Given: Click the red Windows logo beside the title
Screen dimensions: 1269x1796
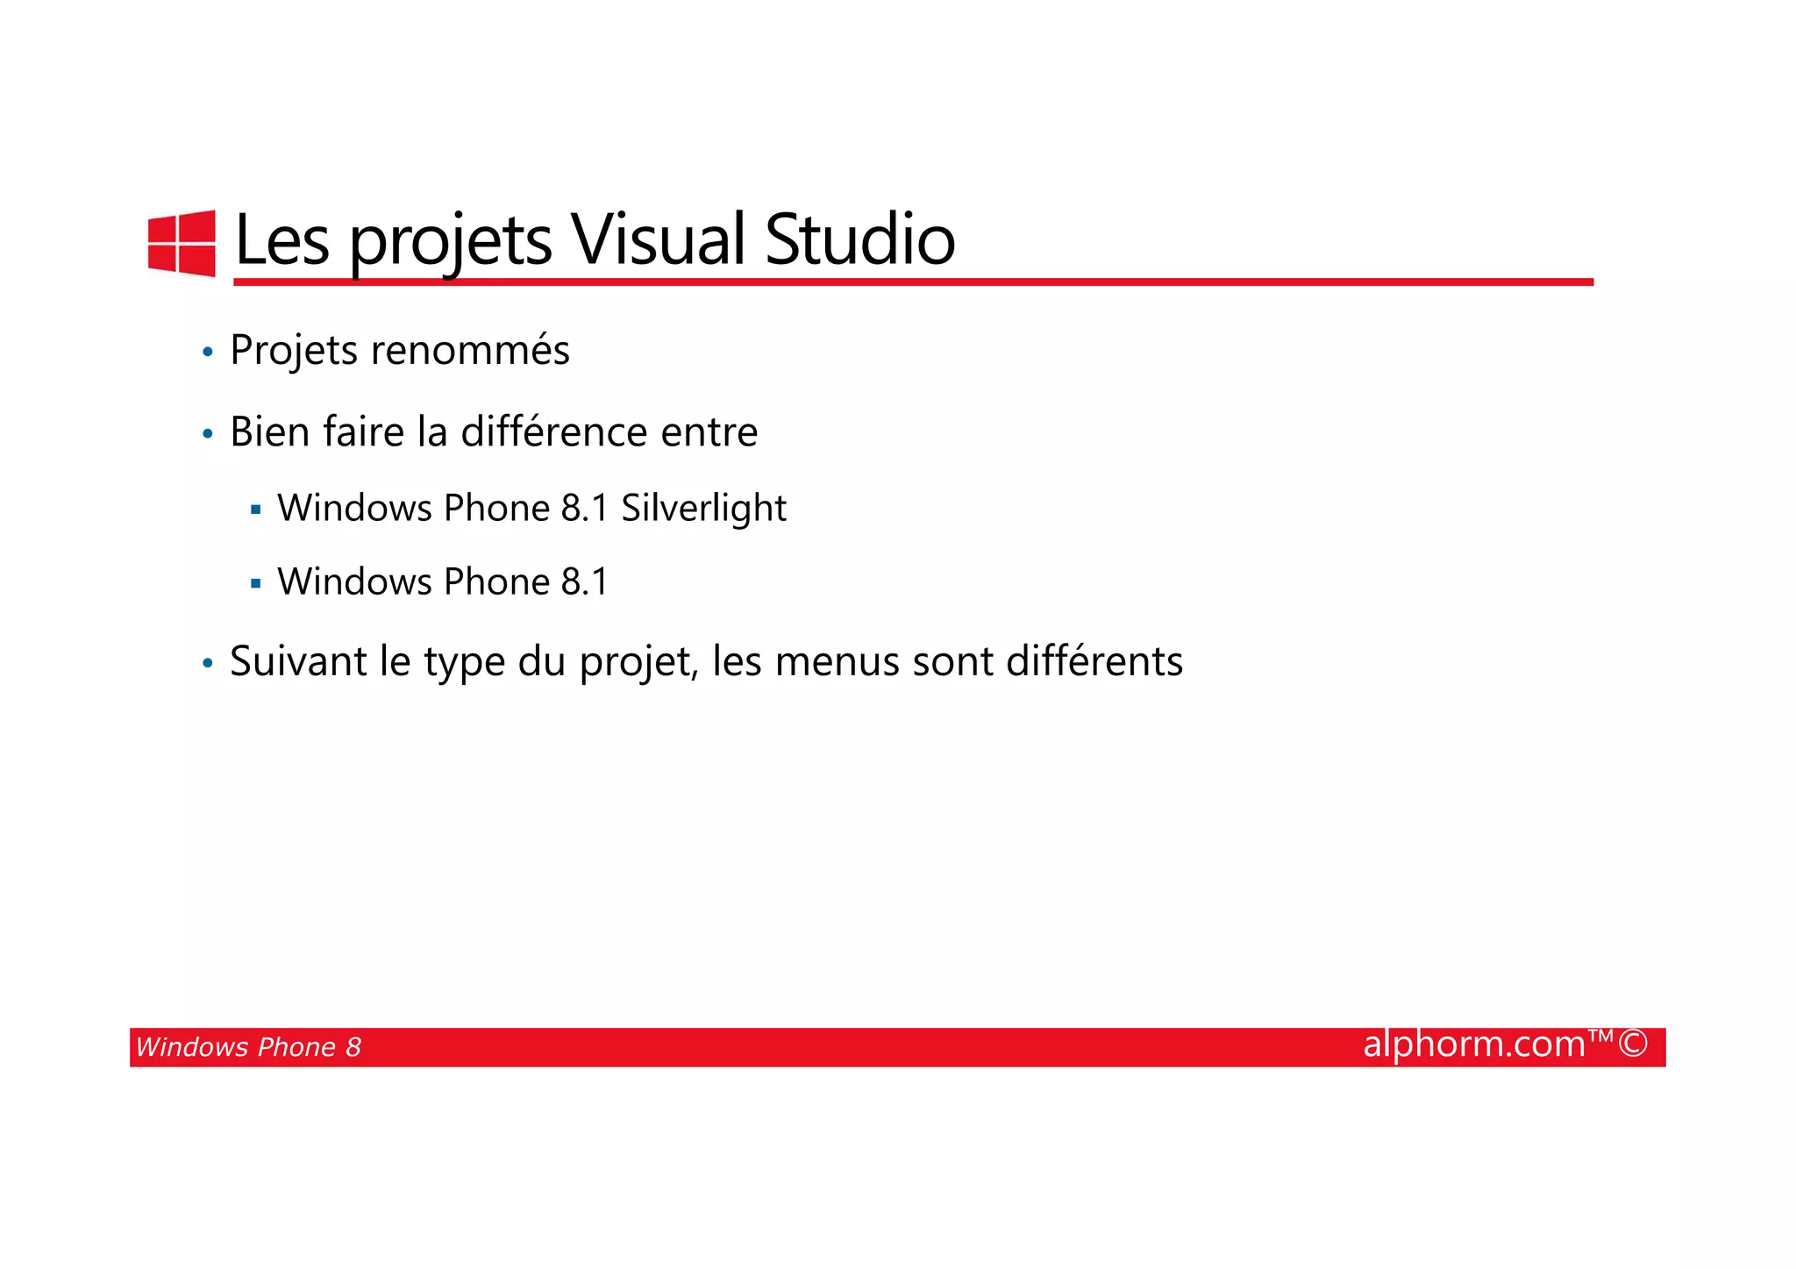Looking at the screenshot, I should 182,243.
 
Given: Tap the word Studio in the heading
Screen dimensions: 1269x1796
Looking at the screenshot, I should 859,240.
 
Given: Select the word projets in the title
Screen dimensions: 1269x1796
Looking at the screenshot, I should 451,243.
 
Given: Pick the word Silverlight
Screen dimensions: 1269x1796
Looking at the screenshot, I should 703,509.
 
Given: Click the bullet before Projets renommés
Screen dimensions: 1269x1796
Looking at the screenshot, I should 208,353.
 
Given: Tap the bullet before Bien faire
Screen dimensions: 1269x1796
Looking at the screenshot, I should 208,434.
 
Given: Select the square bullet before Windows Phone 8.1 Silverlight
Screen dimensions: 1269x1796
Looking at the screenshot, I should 255,510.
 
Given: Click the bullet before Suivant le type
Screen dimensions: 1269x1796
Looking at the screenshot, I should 208,664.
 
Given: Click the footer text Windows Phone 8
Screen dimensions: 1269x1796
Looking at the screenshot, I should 248,1047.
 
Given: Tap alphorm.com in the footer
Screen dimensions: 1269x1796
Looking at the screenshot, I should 1474,1044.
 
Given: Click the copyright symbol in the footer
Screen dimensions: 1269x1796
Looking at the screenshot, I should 1633,1044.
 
